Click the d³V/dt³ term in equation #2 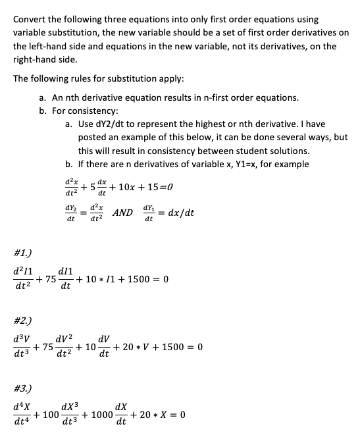[20, 347]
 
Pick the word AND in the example [122, 213]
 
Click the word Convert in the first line [31, 19]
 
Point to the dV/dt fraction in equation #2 [104, 347]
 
